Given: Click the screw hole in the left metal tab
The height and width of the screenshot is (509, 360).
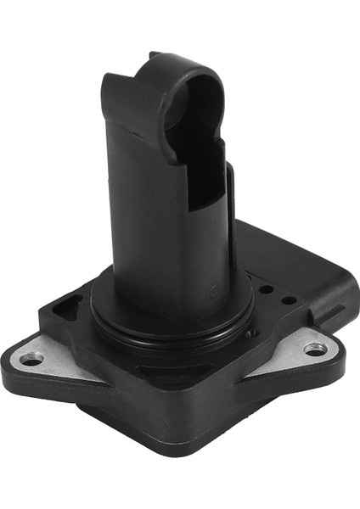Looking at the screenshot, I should [x=31, y=358].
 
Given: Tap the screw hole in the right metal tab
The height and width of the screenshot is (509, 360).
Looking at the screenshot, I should [x=315, y=348].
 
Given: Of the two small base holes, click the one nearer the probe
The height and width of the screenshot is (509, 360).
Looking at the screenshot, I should [x=265, y=289].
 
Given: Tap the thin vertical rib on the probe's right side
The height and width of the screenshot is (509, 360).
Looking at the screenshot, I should [x=231, y=212].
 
